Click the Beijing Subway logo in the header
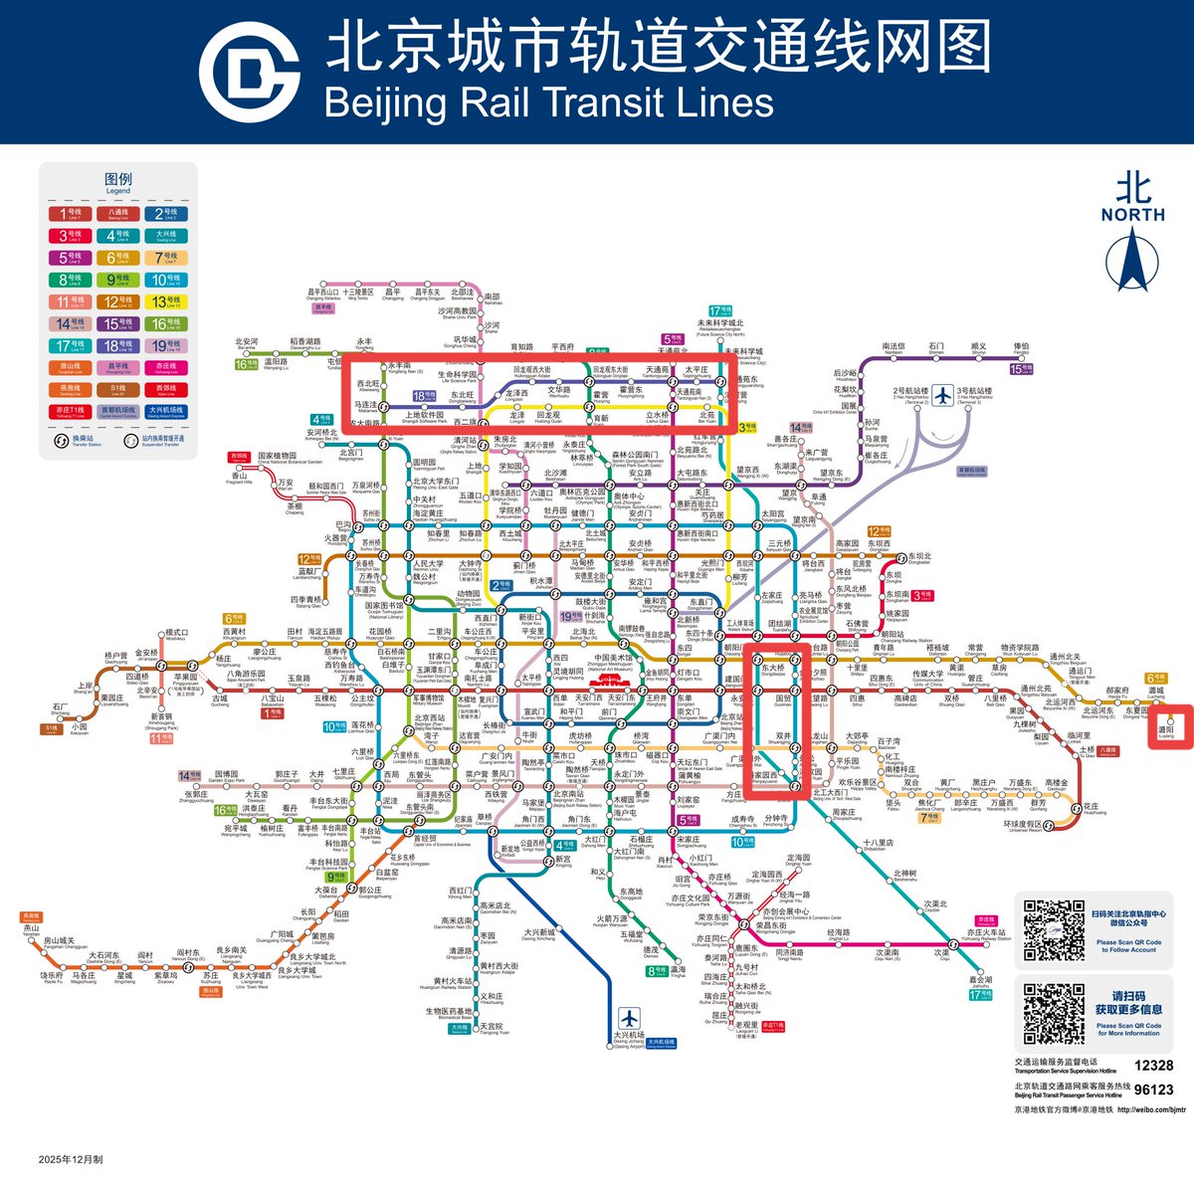click(x=250, y=71)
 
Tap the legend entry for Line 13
click(x=165, y=301)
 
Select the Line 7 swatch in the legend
click(x=165, y=258)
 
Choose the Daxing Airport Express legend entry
click(x=165, y=411)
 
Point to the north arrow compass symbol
click(x=1132, y=258)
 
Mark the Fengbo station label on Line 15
click(x=1021, y=349)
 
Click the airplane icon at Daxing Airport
click(x=629, y=1019)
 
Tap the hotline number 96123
click(x=1153, y=1090)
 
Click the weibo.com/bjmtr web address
click(x=1152, y=1108)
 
